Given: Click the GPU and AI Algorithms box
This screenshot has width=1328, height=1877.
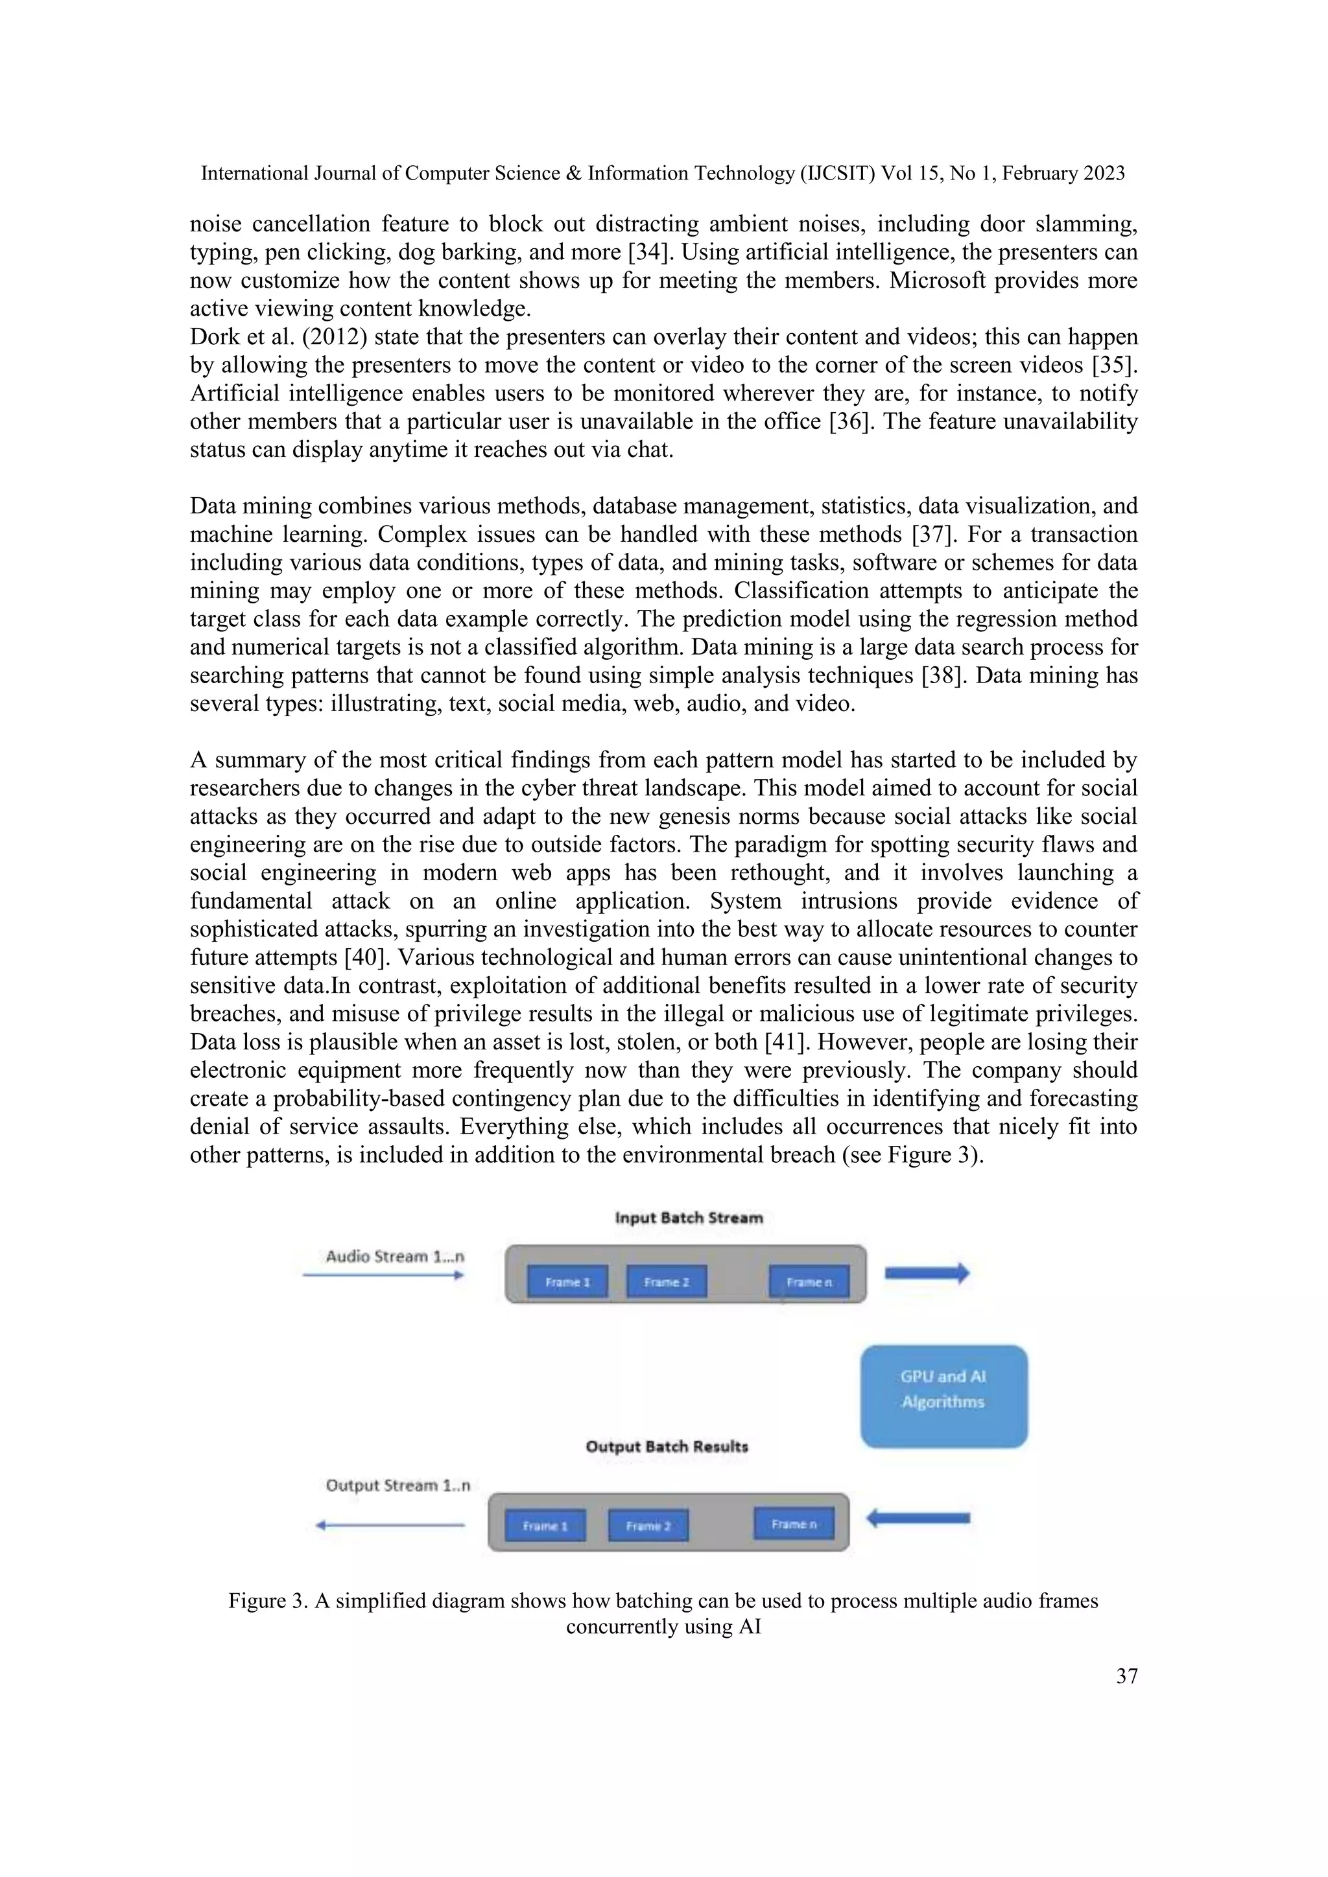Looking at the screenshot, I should point(943,1396).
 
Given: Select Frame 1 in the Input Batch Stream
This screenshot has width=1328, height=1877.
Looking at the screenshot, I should point(567,1282).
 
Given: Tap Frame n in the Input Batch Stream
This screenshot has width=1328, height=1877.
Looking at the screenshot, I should point(809,1282).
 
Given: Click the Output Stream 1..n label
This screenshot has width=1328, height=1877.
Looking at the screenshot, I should point(397,1486).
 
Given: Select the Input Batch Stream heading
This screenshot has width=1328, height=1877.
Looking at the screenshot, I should point(689,1218).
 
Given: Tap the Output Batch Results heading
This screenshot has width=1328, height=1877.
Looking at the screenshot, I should point(667,1446).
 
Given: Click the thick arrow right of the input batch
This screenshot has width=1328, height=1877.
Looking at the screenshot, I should point(927,1273).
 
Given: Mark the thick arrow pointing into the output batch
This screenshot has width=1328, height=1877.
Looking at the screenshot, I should point(918,1518).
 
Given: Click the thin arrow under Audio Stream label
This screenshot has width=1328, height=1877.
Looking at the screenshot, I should point(383,1274).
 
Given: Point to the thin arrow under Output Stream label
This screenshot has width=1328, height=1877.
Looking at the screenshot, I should point(390,1524).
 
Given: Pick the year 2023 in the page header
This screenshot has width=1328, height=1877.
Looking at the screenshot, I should point(1104,173).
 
